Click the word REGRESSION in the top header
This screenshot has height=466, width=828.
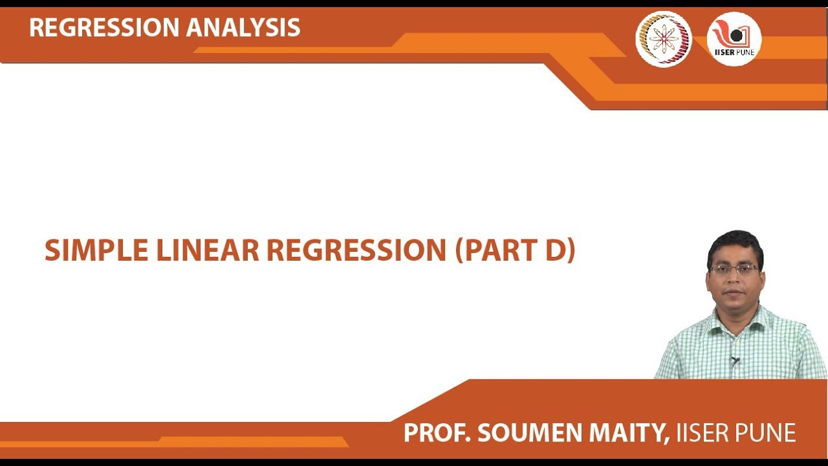103,27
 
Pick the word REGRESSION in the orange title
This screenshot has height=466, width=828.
356,251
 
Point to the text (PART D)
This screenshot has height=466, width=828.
515,251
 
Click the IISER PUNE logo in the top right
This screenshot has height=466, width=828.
734,39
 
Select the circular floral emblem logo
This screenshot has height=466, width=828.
664,39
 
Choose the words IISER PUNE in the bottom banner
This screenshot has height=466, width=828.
735,433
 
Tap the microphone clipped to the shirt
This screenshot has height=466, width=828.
734,361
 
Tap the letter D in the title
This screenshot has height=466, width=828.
555,251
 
